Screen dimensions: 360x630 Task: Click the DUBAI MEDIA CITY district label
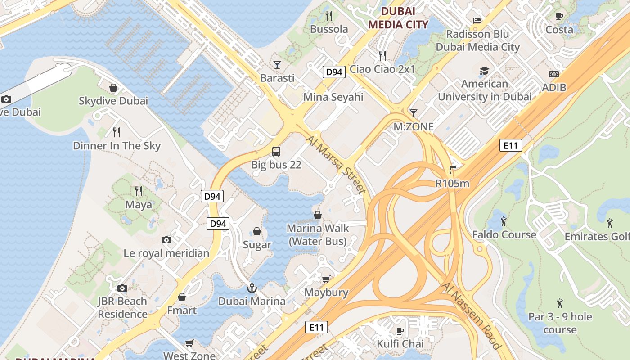click(x=398, y=18)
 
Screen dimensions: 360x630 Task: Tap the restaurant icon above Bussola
click(x=329, y=16)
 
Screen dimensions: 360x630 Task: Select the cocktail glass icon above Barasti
click(x=277, y=65)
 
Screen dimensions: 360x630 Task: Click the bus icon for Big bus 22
click(x=276, y=152)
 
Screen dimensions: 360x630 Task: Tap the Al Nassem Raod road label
click(x=471, y=315)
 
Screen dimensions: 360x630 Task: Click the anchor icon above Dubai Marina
click(x=252, y=288)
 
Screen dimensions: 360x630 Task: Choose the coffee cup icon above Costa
click(x=559, y=17)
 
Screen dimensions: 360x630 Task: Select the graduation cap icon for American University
click(x=484, y=71)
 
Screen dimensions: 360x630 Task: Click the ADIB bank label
click(x=554, y=87)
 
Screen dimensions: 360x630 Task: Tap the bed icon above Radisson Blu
click(x=477, y=21)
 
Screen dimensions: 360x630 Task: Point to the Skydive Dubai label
click(x=113, y=101)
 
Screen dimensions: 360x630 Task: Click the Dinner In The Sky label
click(x=117, y=146)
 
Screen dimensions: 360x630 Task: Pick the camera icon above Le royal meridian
click(x=166, y=240)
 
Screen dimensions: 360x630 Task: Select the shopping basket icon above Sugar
click(x=257, y=231)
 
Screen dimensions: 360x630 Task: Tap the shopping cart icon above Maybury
click(x=326, y=279)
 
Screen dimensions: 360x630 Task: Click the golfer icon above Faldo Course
click(x=504, y=221)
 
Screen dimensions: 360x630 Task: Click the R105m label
click(x=452, y=183)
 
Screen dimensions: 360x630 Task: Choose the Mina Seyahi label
click(x=333, y=97)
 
